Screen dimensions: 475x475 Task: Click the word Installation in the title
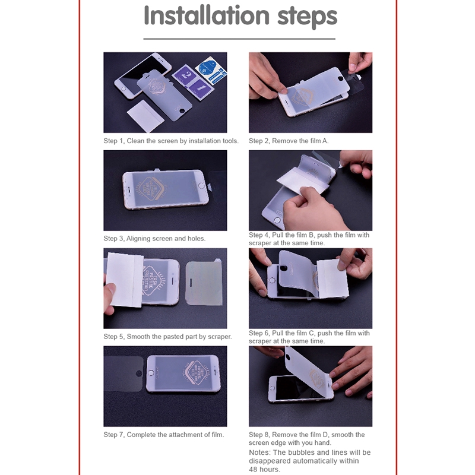[x=207, y=15]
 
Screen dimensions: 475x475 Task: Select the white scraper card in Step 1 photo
[x=145, y=116]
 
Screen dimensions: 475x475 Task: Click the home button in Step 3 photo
[x=201, y=185]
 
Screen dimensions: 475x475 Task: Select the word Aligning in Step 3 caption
[x=140, y=239]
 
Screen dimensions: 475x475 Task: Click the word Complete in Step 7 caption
[x=141, y=435]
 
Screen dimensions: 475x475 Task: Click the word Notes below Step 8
[x=259, y=452]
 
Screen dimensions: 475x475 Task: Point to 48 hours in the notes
[x=264, y=470]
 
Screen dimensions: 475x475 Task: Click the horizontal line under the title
[x=239, y=39]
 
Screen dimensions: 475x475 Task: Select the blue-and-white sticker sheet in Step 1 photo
[x=211, y=70]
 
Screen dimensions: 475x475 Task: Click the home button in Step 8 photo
[x=273, y=388]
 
